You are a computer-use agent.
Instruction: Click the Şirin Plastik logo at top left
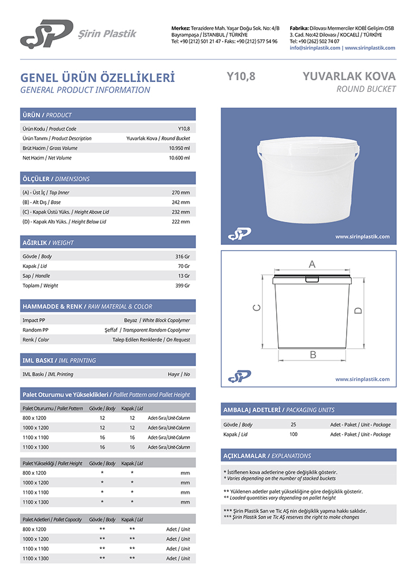tap(46, 34)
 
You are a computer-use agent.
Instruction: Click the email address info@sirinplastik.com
tap(315, 48)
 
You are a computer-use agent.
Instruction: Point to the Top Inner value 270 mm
tap(181, 192)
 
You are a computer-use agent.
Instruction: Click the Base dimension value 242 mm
tap(181, 202)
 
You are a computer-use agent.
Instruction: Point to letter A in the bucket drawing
tap(312, 265)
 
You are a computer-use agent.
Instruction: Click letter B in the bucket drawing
tap(313, 355)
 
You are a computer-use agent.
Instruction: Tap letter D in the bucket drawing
tap(358, 311)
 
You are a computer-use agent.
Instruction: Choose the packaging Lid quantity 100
tap(294, 434)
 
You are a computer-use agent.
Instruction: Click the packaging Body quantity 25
tap(294, 425)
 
